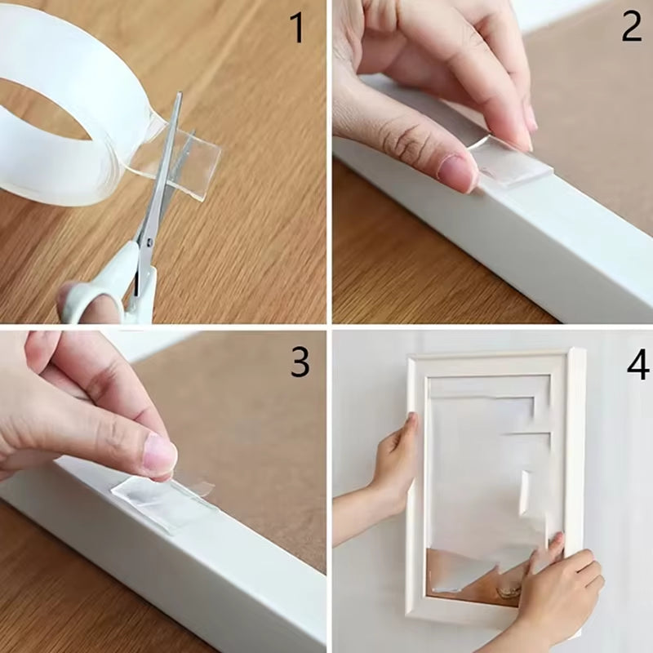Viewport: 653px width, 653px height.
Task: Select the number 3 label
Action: tap(300, 362)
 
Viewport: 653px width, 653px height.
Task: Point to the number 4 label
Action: tap(637, 365)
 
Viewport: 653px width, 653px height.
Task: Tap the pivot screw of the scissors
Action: tap(149, 242)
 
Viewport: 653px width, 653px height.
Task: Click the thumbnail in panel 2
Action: tap(457, 170)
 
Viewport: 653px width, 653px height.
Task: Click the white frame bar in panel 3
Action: tap(204, 571)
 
